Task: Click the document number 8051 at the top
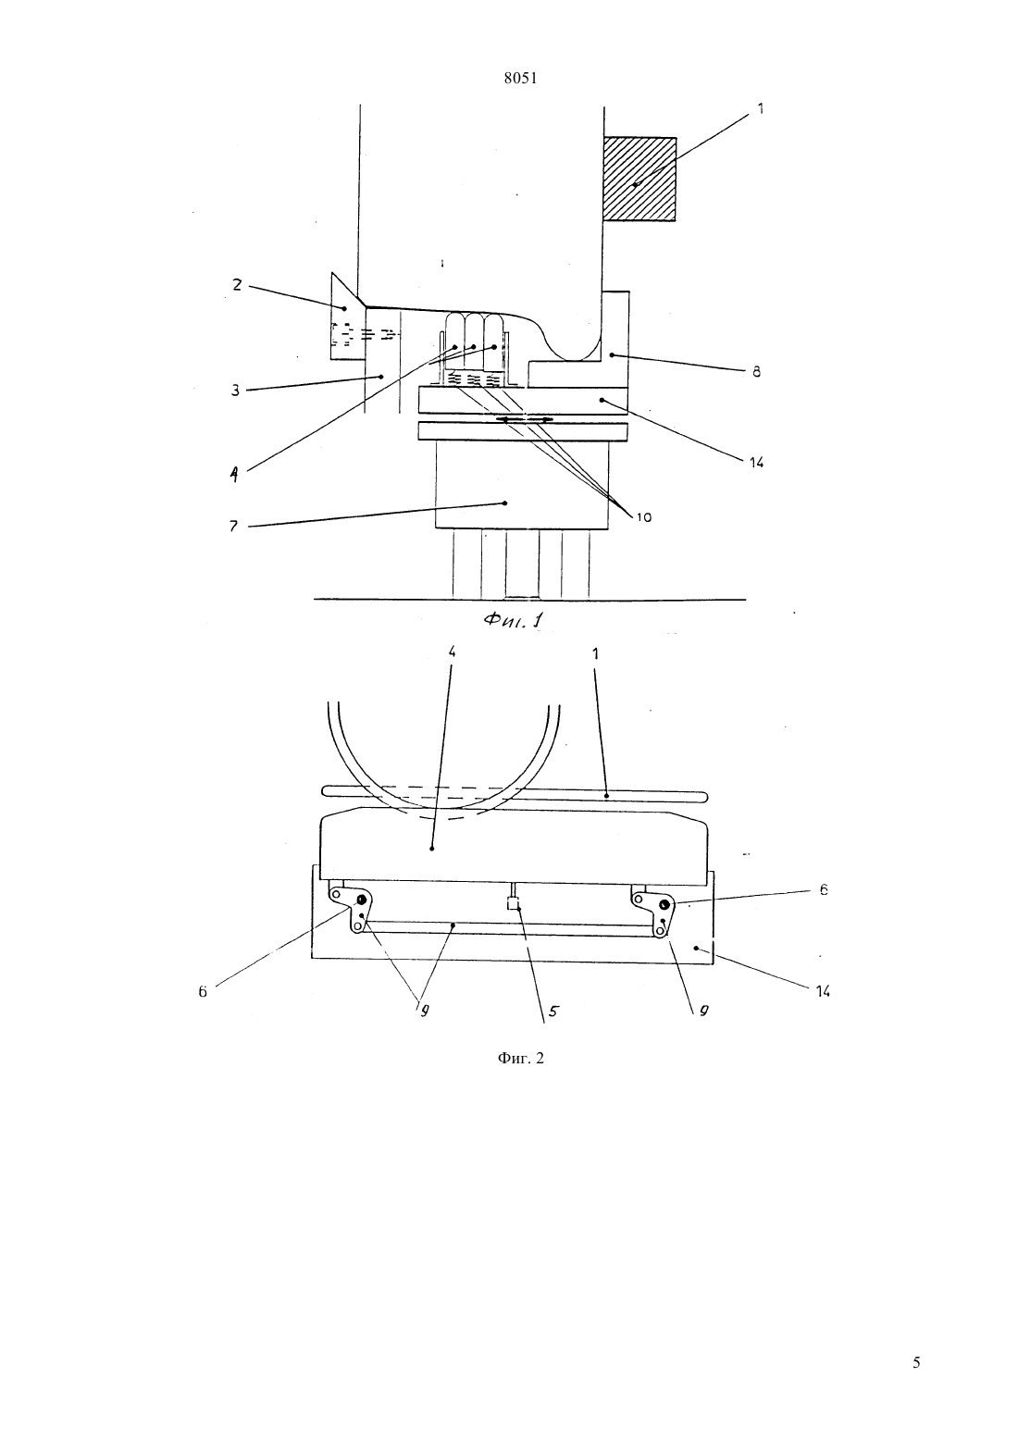pyautogui.click(x=520, y=79)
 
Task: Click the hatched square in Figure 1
pyautogui.click(x=639, y=179)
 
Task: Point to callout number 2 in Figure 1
pyautogui.click(x=237, y=285)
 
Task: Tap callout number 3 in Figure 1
pyautogui.click(x=235, y=390)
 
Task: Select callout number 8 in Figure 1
pyautogui.click(x=756, y=371)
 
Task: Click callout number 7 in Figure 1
pyautogui.click(x=234, y=527)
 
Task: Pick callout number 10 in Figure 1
pyautogui.click(x=644, y=516)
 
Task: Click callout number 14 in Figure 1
pyautogui.click(x=756, y=462)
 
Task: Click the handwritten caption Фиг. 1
pyautogui.click(x=514, y=620)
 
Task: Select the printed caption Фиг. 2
pyautogui.click(x=520, y=1058)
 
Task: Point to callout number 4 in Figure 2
pyautogui.click(x=452, y=652)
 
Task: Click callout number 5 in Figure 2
pyautogui.click(x=553, y=1012)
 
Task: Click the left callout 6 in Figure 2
pyautogui.click(x=203, y=991)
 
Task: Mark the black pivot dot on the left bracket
pyautogui.click(x=362, y=899)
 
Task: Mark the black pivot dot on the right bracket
pyautogui.click(x=664, y=905)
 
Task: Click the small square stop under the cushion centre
pyautogui.click(x=513, y=904)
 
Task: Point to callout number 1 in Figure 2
pyautogui.click(x=595, y=653)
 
